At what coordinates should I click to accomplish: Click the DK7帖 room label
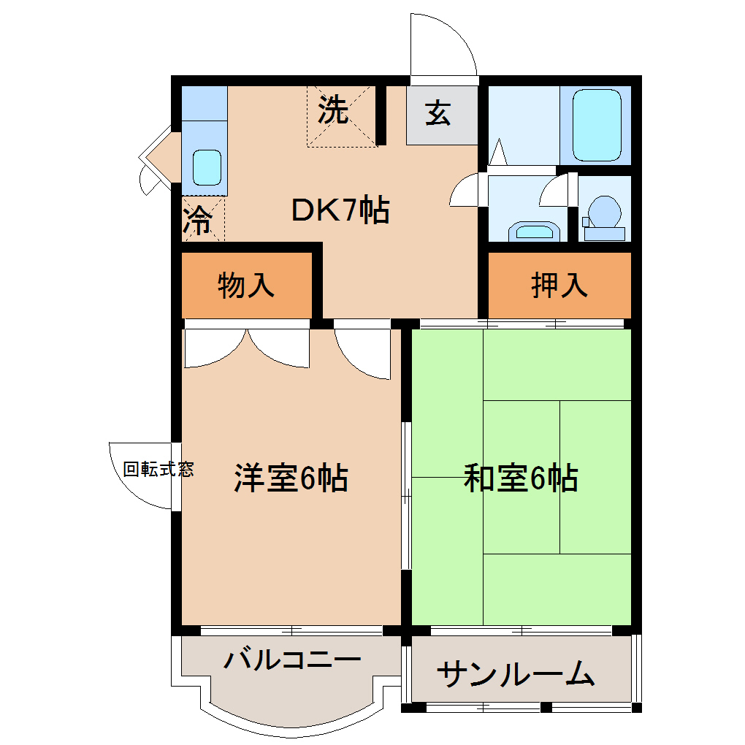pos(340,211)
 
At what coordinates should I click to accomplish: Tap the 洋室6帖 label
pos(290,478)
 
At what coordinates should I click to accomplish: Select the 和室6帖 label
pos(521,478)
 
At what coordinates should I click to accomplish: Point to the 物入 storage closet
pos(246,286)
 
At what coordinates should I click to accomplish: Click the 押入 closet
pos(559,286)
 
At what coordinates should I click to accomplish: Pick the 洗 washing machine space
pos(334,111)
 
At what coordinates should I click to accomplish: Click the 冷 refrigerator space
pos(197,220)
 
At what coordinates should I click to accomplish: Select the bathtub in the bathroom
pos(596,126)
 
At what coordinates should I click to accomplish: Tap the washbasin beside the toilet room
pos(533,232)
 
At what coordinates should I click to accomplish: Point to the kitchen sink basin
pos(206,167)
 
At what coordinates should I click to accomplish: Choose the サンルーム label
pos(515,674)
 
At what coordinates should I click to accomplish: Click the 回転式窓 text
pos(158,470)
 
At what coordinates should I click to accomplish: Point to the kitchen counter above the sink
pos(204,103)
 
